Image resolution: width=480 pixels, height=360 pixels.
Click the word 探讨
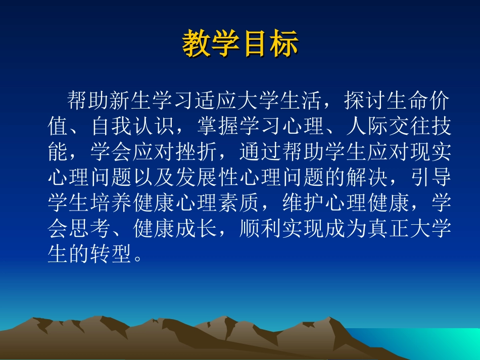(x=365, y=100)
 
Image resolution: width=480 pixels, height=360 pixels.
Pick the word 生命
(x=408, y=100)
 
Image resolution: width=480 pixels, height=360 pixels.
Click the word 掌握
(x=217, y=126)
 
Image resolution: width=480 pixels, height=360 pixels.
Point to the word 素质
(x=238, y=203)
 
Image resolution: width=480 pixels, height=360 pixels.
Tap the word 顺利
(x=260, y=229)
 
